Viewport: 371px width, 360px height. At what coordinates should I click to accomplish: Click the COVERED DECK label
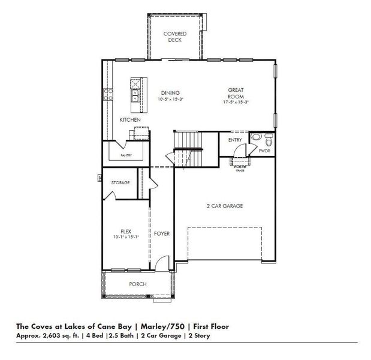tap(175, 37)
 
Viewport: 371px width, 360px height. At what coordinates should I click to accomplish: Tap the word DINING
tap(170, 93)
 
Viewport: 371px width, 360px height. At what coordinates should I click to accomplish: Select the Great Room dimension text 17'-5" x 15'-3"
tap(235, 102)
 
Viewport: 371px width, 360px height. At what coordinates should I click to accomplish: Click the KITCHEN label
tap(130, 121)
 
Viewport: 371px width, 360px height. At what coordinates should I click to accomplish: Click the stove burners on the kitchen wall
tap(109, 93)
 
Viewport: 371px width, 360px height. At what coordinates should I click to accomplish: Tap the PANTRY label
tap(126, 155)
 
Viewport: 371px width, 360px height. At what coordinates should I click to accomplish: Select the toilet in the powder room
tap(269, 142)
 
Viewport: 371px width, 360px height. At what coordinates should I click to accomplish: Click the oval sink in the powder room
tap(256, 137)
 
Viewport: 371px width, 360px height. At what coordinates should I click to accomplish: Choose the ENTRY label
tap(235, 140)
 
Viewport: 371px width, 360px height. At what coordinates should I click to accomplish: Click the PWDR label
tap(264, 152)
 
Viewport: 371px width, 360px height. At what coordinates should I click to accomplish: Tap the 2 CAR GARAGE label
tap(224, 206)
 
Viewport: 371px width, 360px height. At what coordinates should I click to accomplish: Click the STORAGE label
tap(120, 182)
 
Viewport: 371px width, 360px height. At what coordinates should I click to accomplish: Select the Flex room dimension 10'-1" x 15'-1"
tap(126, 238)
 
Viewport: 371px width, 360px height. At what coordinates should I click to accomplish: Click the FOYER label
tap(161, 233)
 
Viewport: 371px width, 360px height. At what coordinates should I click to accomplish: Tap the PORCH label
tap(137, 284)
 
